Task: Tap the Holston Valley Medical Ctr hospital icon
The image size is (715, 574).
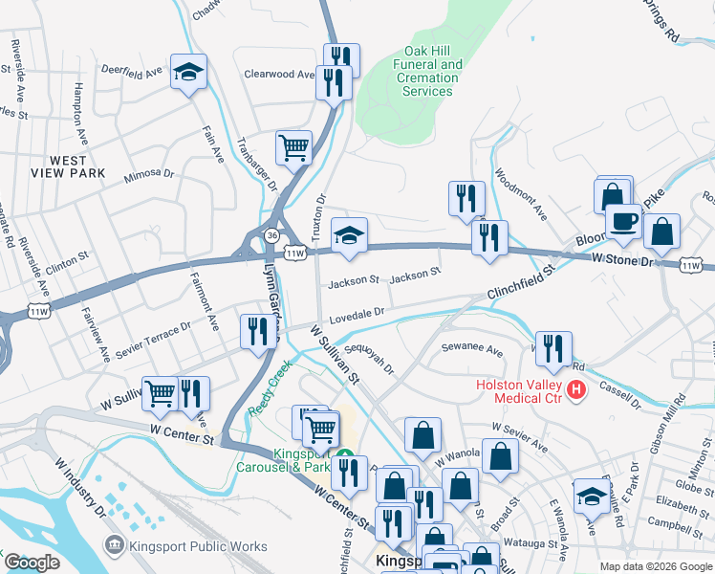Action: [575, 389]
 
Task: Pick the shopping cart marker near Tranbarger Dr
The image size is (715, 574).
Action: [293, 148]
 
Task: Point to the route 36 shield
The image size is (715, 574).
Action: [273, 234]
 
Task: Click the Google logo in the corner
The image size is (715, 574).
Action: [32, 562]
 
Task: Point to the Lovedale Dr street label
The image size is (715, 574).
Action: [357, 313]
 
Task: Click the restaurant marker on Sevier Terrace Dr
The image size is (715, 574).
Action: [255, 332]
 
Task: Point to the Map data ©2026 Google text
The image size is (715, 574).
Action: [655, 566]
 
